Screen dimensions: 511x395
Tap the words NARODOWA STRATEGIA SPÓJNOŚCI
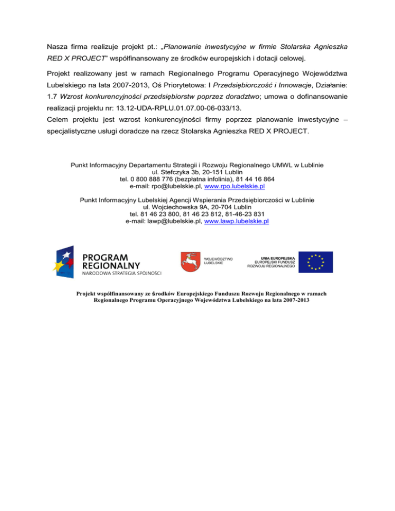(122, 273)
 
